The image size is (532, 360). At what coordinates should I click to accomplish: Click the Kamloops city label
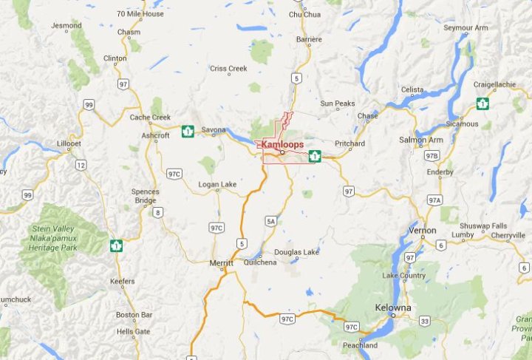pyautogui.click(x=282, y=145)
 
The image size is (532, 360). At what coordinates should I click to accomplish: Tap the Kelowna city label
pyautogui.click(x=392, y=308)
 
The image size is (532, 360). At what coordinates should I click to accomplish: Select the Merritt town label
pyautogui.click(x=220, y=263)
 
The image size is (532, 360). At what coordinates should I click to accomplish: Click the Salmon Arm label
pyautogui.click(x=421, y=140)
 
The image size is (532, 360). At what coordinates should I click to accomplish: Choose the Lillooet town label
pyautogui.click(x=72, y=143)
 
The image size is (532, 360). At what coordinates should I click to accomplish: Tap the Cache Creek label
pyautogui.click(x=150, y=118)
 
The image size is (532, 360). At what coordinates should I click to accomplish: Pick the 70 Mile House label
pyautogui.click(x=140, y=14)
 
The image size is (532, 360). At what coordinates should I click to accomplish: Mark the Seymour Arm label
pyautogui.click(x=465, y=28)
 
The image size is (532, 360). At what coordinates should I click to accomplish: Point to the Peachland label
pyautogui.click(x=360, y=345)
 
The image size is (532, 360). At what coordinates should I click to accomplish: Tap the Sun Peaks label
pyautogui.click(x=338, y=103)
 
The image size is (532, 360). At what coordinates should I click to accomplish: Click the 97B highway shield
pyautogui.click(x=432, y=155)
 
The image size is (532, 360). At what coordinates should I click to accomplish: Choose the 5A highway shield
pyautogui.click(x=271, y=220)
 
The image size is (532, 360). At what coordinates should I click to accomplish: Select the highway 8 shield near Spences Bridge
pyautogui.click(x=157, y=213)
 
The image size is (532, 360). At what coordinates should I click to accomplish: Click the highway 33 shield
pyautogui.click(x=424, y=321)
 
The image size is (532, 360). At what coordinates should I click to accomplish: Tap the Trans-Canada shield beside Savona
pyautogui.click(x=188, y=132)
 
